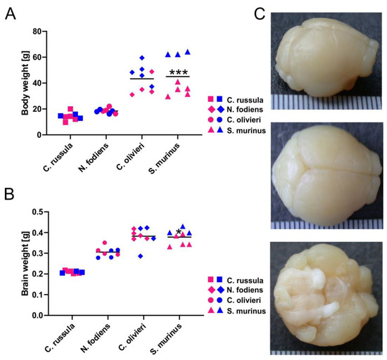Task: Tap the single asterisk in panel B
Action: [179, 233]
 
